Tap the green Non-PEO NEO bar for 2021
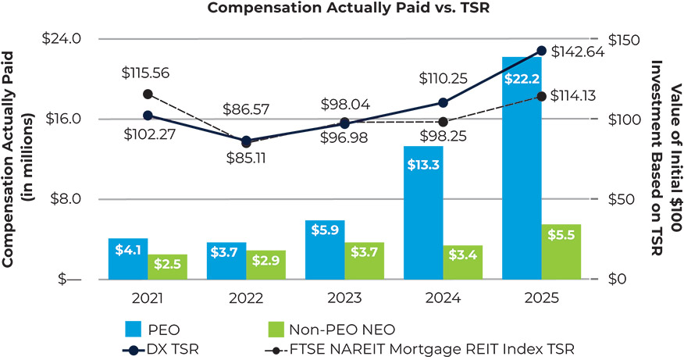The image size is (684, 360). point(167,267)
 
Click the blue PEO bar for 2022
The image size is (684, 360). point(226,261)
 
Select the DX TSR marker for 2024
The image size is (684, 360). point(443,102)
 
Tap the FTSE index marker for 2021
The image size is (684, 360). point(148,94)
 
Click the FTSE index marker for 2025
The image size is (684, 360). point(541,96)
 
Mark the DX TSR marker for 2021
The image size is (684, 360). point(148,116)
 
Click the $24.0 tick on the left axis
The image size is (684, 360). point(66,38)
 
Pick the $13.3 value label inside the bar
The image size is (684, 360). point(423,163)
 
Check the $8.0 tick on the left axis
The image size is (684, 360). point(70,199)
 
